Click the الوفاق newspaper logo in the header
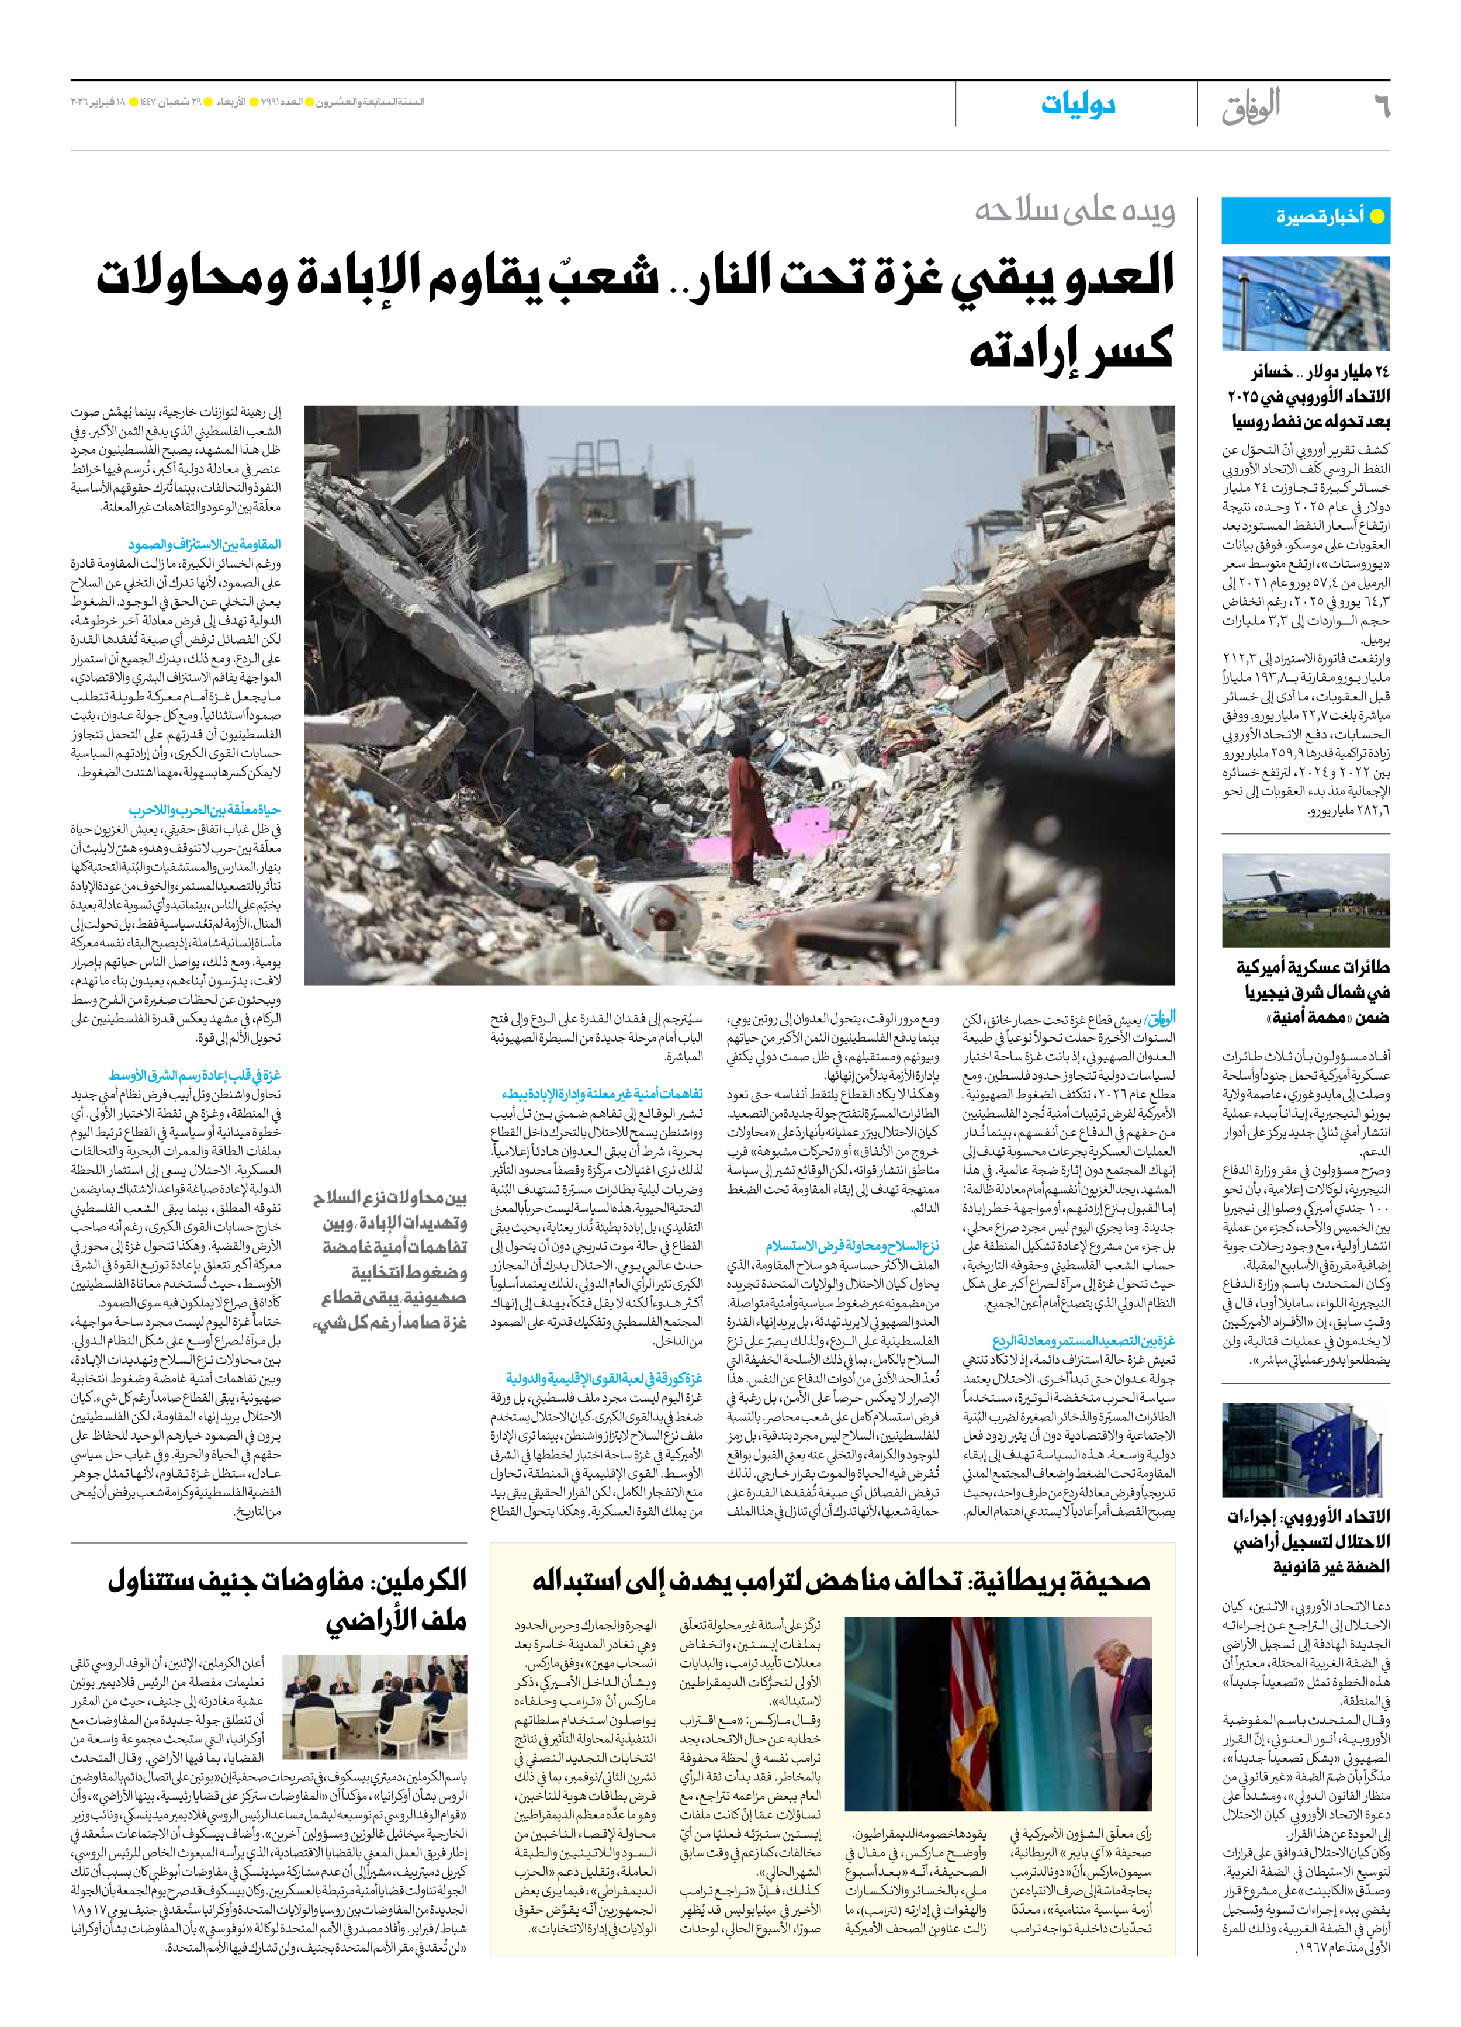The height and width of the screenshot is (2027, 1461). pyautogui.click(x=1251, y=106)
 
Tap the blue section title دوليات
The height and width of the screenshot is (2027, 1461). pyautogui.click(x=1078, y=105)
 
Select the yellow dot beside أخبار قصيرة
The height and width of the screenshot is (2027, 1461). pyautogui.click(x=1377, y=216)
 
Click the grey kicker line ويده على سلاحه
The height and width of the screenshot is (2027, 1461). pyautogui.click(x=1074, y=211)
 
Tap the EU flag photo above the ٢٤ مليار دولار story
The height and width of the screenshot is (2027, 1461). pyautogui.click(x=1306, y=304)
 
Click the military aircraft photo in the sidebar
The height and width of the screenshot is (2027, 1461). pyautogui.click(x=1306, y=900)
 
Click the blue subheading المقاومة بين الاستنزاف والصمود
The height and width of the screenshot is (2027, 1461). pyautogui.click(x=204, y=544)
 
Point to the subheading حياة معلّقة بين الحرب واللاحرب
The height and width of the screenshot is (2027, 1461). pyautogui.click(x=205, y=810)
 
